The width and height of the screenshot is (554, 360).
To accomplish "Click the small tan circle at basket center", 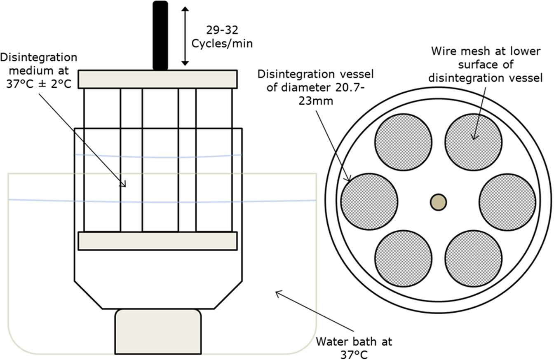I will (x=438, y=202).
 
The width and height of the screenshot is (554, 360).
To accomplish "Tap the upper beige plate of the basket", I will (x=157, y=79).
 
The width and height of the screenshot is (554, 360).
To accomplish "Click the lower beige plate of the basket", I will (x=157, y=241).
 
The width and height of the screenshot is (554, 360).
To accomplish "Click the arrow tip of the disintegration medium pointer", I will (x=125, y=186).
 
